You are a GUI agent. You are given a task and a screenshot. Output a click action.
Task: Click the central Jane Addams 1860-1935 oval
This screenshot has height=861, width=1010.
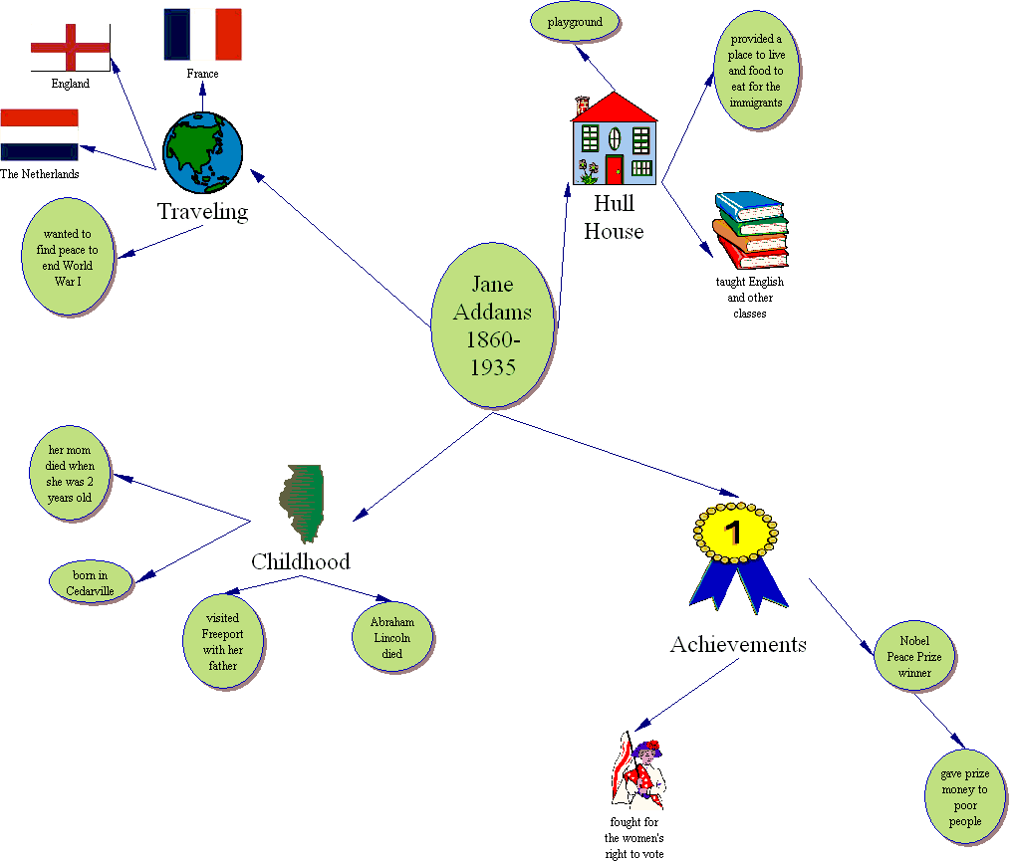492,325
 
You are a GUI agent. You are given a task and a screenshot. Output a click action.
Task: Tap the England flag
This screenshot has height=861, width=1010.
70,48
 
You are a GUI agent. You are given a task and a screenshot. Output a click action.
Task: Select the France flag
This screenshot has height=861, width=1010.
202,34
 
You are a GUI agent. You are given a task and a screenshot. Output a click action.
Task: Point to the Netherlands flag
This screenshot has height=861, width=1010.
39,134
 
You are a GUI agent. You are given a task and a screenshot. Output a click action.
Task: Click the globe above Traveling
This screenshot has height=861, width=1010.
202,151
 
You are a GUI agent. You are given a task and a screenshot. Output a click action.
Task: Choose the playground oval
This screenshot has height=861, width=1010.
575,22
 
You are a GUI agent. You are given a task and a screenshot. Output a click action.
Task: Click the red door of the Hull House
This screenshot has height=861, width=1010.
614,169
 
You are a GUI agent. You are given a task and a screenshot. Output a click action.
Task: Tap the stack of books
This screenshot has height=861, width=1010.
749,230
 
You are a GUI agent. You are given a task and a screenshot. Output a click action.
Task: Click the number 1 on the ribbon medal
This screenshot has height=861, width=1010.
733,533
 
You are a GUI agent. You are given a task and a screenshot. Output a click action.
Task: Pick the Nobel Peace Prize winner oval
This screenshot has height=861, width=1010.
914,657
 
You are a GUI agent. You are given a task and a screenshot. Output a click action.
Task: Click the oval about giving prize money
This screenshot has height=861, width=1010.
964,797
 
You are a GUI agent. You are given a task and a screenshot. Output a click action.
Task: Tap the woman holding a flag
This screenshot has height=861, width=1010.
637,771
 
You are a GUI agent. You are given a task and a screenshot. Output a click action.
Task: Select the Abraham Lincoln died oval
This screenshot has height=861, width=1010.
392,638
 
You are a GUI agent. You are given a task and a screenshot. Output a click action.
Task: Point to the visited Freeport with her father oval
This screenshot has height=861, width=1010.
222,641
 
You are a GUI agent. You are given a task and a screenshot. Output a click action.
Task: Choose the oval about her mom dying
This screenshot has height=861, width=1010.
70,474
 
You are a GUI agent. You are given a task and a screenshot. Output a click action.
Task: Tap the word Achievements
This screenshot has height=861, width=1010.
738,644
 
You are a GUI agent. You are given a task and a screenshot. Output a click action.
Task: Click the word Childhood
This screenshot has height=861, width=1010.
300,561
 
